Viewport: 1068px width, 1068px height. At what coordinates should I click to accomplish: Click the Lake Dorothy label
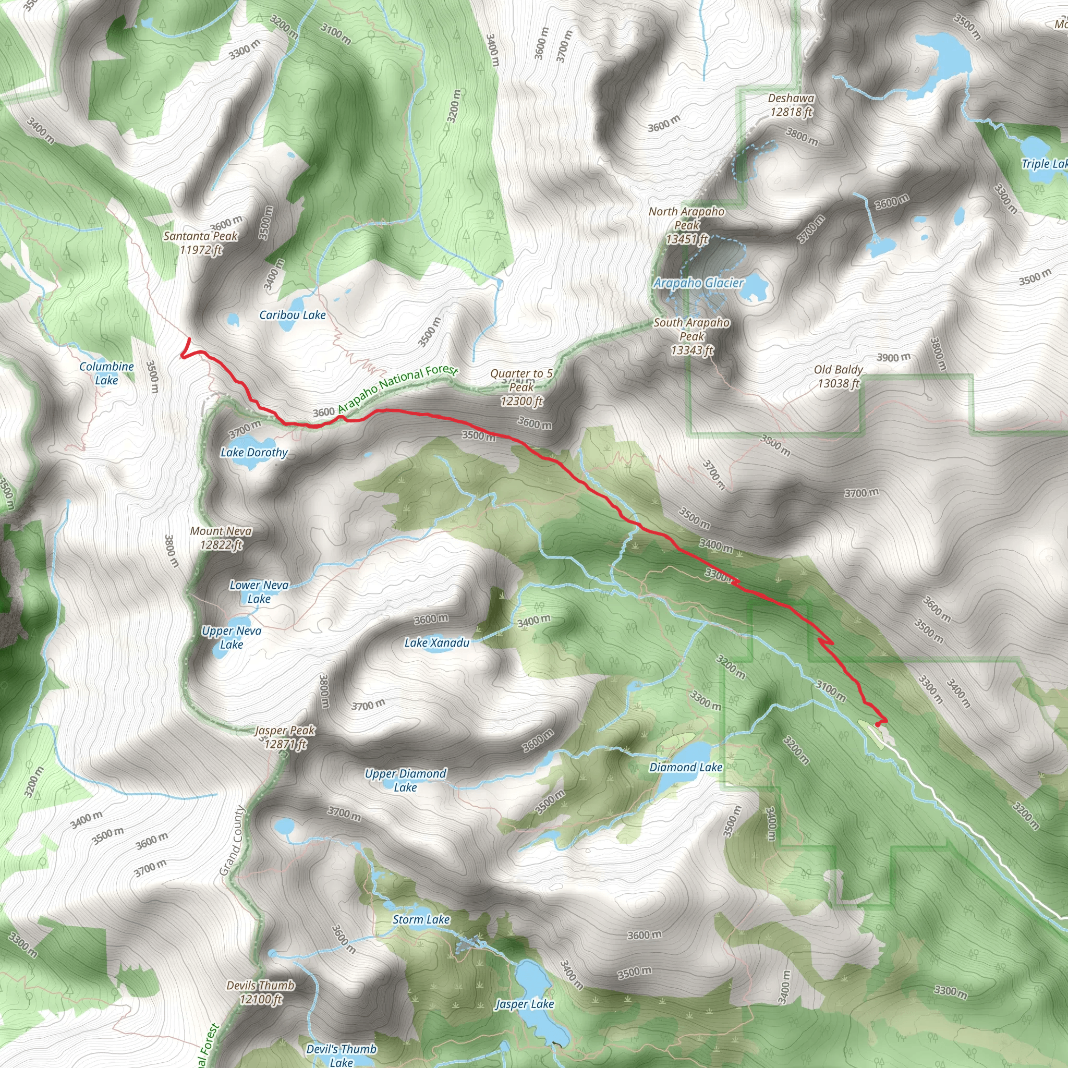[x=254, y=452]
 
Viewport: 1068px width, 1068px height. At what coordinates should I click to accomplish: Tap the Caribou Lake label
[x=293, y=315]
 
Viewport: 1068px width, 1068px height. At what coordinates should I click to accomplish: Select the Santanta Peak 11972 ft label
[x=200, y=242]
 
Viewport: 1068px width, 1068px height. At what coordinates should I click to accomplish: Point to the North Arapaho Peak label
[x=687, y=225]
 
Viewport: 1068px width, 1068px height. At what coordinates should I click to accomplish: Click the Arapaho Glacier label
[x=699, y=283]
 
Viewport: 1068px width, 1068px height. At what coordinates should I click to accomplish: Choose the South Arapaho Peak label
[x=691, y=336]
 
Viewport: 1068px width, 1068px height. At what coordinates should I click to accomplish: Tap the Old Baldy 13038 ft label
[x=838, y=377]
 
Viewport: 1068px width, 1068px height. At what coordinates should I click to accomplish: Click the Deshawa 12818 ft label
[x=791, y=105]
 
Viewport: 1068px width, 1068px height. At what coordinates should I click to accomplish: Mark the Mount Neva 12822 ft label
[x=221, y=538]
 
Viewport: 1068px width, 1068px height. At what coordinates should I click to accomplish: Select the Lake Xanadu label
[x=436, y=642]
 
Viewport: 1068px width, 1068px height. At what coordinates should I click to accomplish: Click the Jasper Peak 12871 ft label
[x=285, y=737]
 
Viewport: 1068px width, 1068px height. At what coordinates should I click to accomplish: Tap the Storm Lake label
[x=421, y=919]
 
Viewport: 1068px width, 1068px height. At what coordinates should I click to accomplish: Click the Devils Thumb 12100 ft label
[x=260, y=992]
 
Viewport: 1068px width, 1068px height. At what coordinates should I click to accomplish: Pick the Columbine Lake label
[x=106, y=373]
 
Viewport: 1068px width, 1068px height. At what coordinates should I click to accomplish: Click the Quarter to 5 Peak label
[x=522, y=387]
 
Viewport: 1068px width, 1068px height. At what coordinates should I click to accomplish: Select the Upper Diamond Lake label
[x=405, y=780]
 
